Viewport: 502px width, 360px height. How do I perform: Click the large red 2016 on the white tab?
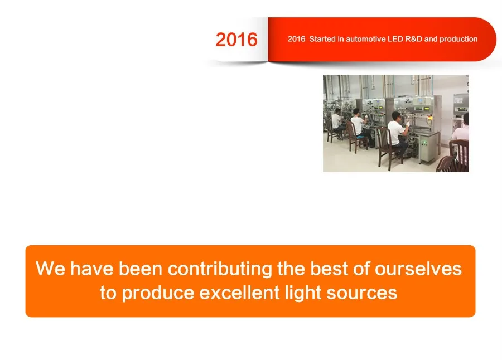(236, 40)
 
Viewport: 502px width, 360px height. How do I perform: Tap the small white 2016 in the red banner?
(296, 39)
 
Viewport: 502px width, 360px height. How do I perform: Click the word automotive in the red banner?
(365, 39)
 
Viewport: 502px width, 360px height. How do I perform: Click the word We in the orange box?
(50, 268)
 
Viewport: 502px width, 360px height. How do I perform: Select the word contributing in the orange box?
(220, 269)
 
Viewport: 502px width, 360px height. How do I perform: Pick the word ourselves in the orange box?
(418, 268)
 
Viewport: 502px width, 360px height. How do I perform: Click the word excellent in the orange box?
(239, 292)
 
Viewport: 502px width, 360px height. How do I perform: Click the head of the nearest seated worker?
(397, 115)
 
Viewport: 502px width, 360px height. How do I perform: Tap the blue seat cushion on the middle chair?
(361, 137)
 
